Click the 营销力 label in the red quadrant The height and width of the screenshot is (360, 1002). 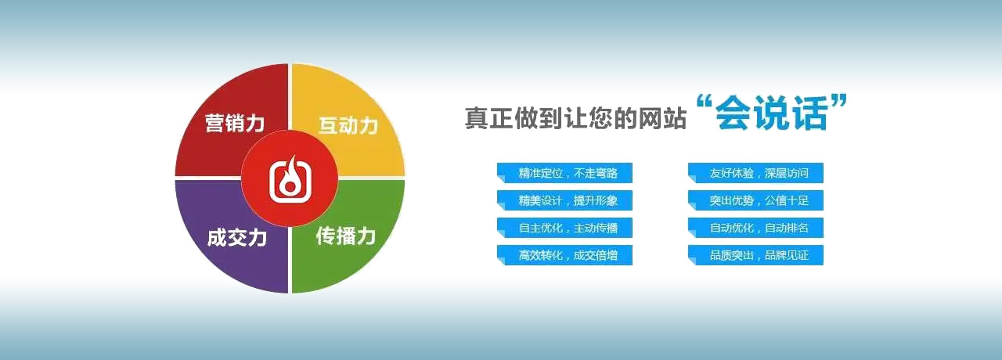(x=235, y=123)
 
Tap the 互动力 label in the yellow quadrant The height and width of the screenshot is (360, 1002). (x=348, y=125)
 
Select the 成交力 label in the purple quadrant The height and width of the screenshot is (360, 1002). (x=236, y=238)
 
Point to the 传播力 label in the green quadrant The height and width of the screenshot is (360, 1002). (x=346, y=236)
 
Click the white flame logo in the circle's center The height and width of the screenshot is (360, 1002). (x=290, y=179)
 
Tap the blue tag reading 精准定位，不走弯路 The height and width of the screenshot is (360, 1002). (x=564, y=173)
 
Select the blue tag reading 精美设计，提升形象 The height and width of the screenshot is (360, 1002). (x=564, y=200)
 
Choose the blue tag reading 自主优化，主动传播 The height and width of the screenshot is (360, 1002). (x=564, y=228)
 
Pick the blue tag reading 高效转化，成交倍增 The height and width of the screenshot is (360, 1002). (x=564, y=255)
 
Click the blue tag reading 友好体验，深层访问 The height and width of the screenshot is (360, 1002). (x=755, y=173)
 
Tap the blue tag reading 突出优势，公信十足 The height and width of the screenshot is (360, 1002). (x=755, y=200)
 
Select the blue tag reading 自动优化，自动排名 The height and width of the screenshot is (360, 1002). (x=755, y=228)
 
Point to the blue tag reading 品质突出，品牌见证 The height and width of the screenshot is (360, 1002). (x=755, y=255)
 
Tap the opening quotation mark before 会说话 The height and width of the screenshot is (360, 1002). (x=705, y=103)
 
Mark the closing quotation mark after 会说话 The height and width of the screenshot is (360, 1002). (x=839, y=103)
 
